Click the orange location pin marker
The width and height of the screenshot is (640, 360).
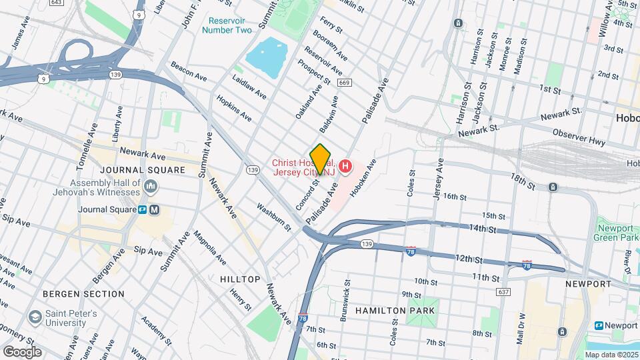pyautogui.click(x=320, y=159)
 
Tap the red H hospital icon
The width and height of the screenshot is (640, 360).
pyautogui.click(x=345, y=166)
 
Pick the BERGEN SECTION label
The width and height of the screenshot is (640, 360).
pyautogui.click(x=83, y=293)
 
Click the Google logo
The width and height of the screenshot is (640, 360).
pyautogui.click(x=21, y=351)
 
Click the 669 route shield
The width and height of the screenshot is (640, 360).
pyautogui.click(x=344, y=83)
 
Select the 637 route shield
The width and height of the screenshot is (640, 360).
pyautogui.click(x=503, y=292)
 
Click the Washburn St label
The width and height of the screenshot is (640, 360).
pyautogui.click(x=274, y=216)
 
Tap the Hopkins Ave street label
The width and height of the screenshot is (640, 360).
pyautogui.click(x=233, y=107)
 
